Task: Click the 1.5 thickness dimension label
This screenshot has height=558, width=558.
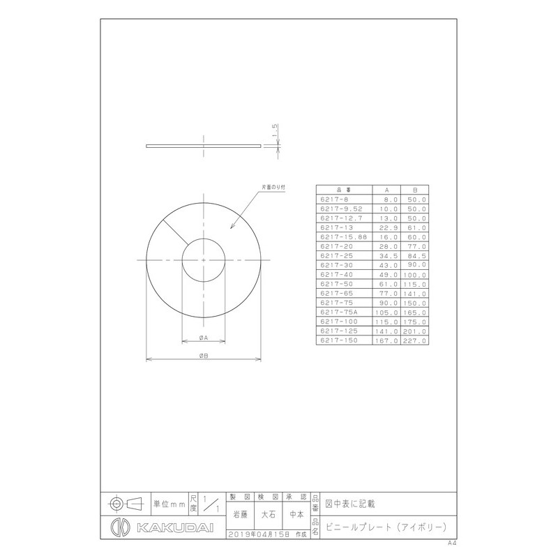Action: [x=276, y=130]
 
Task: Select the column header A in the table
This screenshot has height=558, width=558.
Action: [x=388, y=190]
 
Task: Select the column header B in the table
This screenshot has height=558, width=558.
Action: [x=415, y=190]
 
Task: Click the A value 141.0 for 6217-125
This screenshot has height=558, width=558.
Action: [x=389, y=332]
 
